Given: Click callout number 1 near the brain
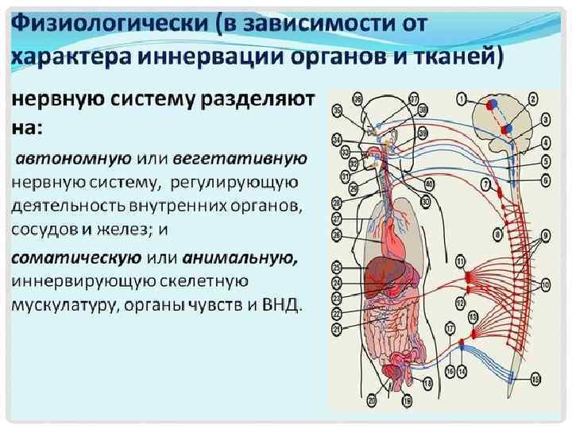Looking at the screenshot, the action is click(x=461, y=98).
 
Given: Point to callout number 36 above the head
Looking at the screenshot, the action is click(x=338, y=110).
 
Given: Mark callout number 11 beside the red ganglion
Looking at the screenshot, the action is click(x=460, y=261).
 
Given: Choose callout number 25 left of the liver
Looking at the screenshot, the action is click(x=337, y=267).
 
